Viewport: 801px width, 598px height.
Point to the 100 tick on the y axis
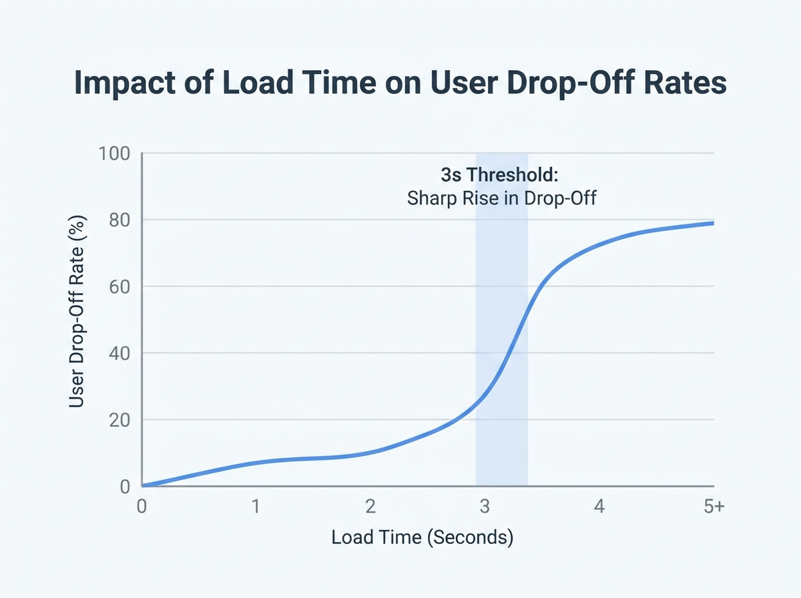114,154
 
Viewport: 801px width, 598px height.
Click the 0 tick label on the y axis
124,487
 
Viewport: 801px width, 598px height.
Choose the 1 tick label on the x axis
256,507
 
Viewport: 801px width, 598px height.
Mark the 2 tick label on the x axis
370,507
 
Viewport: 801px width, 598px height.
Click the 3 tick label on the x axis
485,507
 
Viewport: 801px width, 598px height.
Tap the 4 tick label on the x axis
599,507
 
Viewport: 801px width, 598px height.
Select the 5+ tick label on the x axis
713,507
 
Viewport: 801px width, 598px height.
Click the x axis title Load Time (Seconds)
422,537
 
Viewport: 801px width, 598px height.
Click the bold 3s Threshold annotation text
499,176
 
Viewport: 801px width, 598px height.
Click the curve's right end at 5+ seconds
712,223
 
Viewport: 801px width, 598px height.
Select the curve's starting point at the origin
143,485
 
